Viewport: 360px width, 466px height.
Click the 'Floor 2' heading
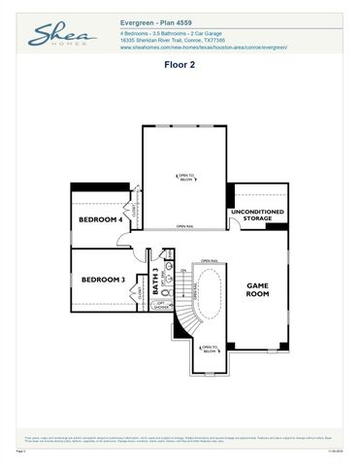point(180,67)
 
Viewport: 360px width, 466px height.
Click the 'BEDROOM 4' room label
point(101,220)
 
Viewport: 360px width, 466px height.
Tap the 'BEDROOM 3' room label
point(103,280)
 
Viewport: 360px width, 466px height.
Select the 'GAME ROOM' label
point(257,289)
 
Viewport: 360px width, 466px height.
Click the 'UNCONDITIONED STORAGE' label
point(257,215)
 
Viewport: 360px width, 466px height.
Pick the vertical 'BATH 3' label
point(154,281)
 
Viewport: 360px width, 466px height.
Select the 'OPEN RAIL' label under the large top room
point(184,227)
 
